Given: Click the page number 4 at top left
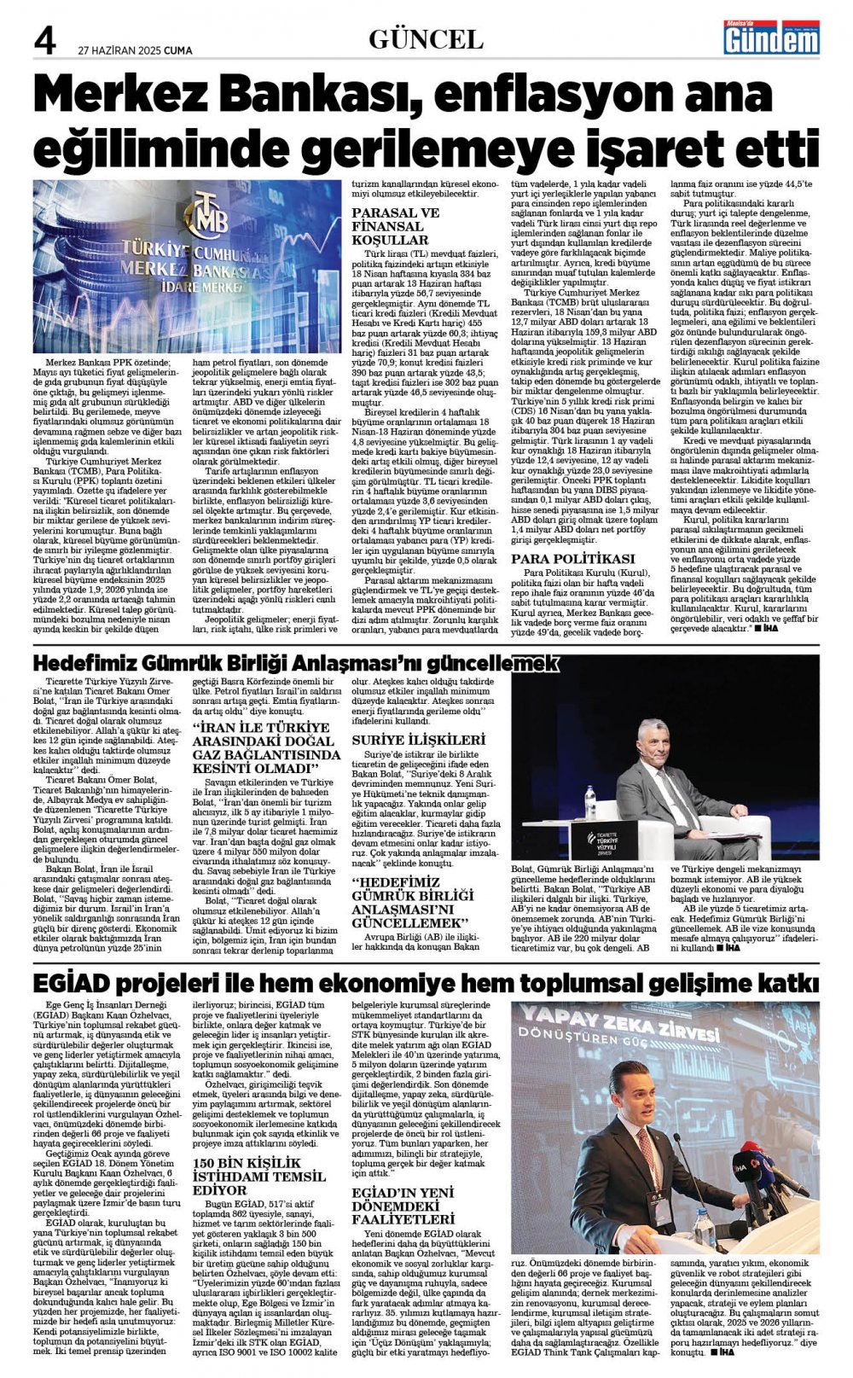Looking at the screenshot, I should click(44, 38).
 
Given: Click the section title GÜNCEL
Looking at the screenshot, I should click(426, 39).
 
